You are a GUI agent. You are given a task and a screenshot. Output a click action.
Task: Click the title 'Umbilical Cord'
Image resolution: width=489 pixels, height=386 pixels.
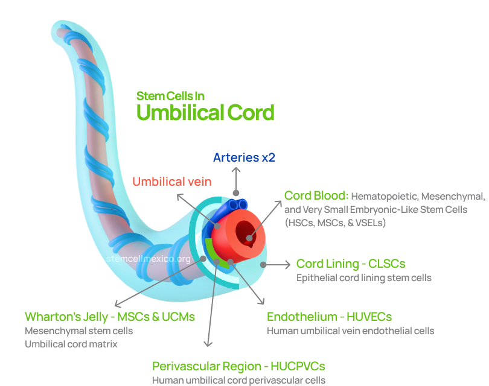(205, 112)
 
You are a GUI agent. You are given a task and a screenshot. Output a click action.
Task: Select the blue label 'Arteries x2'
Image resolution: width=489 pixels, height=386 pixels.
(245, 157)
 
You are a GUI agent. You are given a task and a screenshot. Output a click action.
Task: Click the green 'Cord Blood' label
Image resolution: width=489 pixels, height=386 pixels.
(316, 195)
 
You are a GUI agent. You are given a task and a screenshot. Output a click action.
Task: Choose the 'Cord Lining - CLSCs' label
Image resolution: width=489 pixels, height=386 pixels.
(351, 264)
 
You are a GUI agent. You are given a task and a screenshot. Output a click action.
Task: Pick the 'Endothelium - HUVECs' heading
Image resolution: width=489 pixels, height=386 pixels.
(330, 317)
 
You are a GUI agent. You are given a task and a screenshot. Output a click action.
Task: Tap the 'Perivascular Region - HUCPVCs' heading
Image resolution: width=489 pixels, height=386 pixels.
(238, 366)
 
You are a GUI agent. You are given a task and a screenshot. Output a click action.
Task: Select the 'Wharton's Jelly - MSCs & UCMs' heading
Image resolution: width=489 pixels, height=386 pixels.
(110, 317)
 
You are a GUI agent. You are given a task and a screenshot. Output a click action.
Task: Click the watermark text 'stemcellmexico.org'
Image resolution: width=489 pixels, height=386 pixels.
(149, 259)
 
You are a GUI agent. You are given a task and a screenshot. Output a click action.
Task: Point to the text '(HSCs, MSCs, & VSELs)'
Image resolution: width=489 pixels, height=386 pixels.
(334, 223)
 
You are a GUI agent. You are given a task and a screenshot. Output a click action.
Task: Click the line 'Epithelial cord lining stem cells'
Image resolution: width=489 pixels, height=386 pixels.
(363, 278)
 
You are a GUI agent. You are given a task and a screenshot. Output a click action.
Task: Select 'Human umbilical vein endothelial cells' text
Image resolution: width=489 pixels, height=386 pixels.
(351, 331)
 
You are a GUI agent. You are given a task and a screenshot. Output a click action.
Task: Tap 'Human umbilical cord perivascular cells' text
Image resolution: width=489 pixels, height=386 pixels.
(238, 380)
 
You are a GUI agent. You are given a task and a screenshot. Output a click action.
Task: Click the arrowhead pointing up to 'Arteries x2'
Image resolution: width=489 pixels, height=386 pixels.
(237, 171)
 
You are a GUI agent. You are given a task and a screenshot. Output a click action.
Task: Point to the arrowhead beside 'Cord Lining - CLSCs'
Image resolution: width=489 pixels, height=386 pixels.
(287, 264)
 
